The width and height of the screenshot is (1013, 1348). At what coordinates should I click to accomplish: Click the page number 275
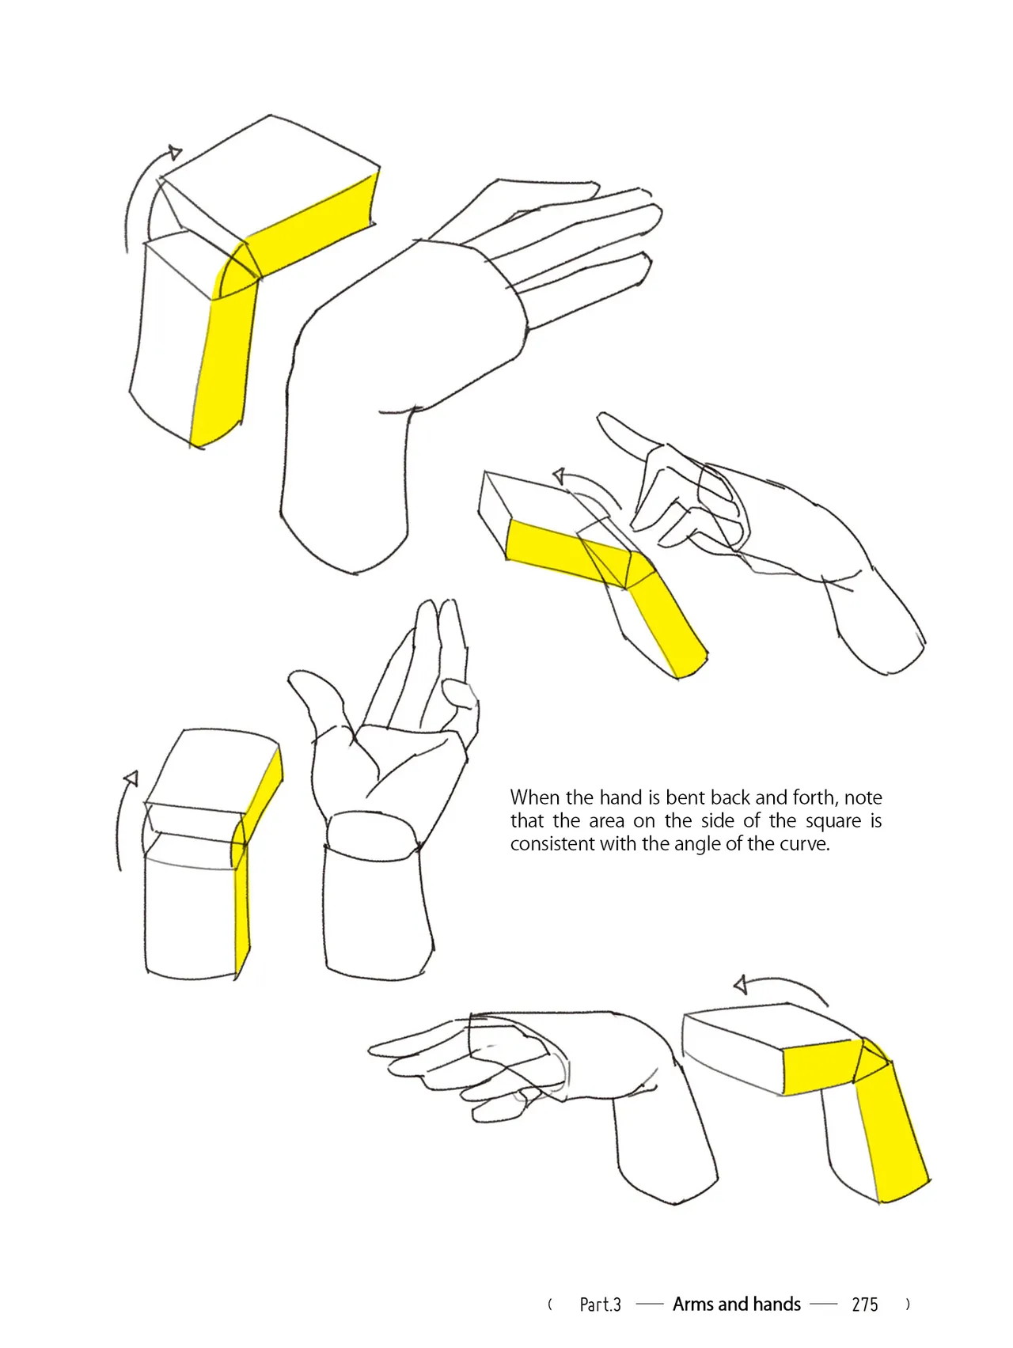click(865, 1304)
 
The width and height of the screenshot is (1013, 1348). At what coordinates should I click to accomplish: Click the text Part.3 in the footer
click(600, 1304)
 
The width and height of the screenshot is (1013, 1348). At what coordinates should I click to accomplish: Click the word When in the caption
click(535, 797)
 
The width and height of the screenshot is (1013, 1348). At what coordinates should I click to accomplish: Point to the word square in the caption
click(833, 822)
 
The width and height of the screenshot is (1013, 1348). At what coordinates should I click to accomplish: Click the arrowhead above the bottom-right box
click(742, 985)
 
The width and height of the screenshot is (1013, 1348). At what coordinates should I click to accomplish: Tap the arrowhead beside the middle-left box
click(131, 778)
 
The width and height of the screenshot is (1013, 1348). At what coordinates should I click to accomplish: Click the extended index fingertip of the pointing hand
click(601, 417)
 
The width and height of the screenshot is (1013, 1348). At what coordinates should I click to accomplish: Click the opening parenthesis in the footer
click(550, 1304)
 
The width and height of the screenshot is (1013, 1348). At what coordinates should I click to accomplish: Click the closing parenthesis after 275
click(908, 1304)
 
